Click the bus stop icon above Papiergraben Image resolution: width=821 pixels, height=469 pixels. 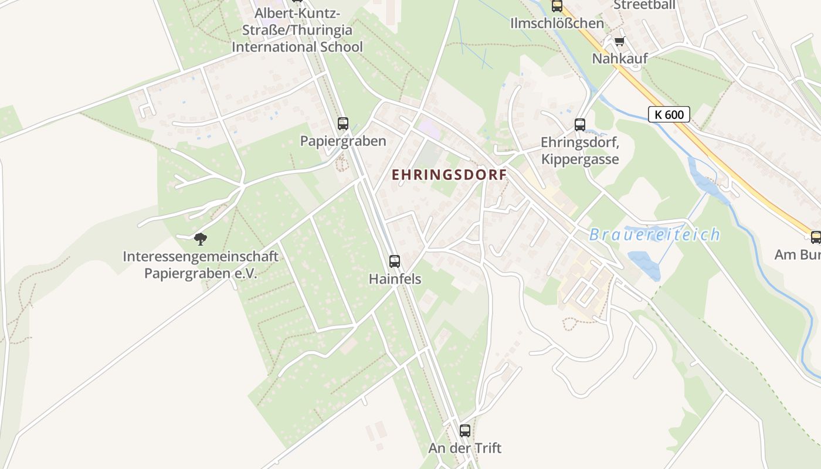343,124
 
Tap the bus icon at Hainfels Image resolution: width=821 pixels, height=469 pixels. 395,261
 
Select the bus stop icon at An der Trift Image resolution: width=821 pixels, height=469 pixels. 465,430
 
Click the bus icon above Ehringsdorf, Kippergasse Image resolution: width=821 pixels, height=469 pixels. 580,124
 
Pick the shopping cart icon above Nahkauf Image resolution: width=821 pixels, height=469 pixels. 619,42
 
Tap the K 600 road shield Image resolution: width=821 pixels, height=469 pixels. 669,114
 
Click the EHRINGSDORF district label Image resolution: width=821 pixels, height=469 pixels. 449,175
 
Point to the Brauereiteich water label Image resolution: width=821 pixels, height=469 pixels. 654,235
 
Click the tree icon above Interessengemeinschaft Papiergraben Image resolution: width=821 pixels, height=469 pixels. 201,239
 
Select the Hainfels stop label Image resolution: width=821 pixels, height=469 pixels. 395,279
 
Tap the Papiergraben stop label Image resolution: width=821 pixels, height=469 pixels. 343,141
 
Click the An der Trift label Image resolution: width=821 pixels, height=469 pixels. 465,448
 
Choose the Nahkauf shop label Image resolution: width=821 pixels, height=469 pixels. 619,59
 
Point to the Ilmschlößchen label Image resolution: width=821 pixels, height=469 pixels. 557,23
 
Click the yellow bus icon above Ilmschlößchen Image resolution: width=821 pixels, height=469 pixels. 557,6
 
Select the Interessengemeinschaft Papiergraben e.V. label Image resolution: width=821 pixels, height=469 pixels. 201,265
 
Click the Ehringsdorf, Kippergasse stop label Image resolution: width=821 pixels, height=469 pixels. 580,151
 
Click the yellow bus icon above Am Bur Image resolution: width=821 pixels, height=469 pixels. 816,237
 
